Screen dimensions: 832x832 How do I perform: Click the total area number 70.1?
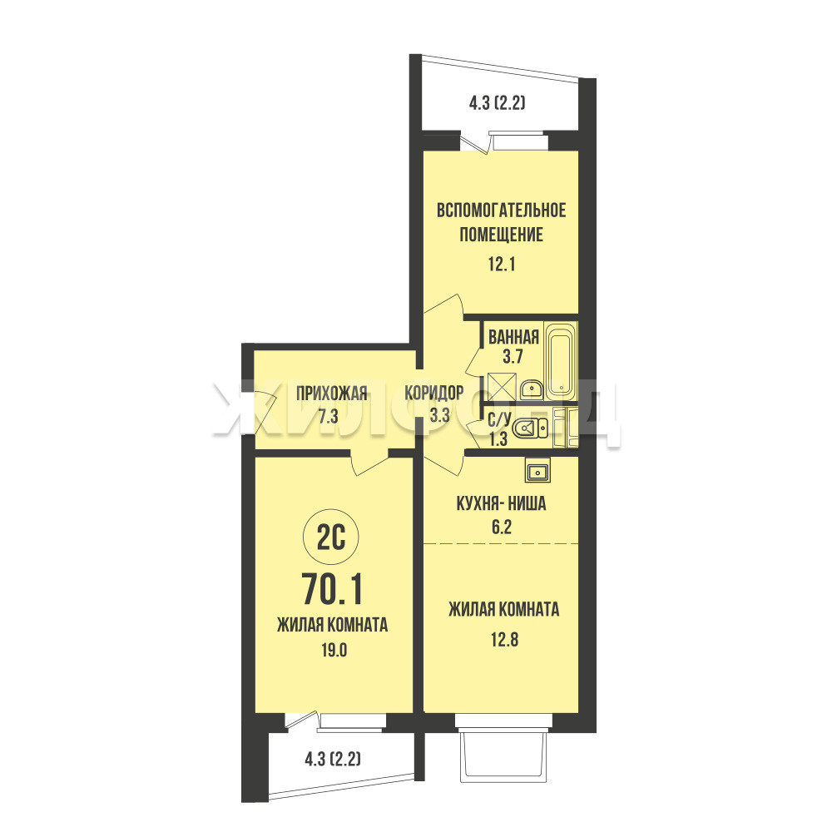click(x=332, y=590)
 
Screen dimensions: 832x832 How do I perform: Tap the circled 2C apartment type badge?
click(x=330, y=538)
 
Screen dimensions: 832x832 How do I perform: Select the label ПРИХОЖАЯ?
click(x=332, y=394)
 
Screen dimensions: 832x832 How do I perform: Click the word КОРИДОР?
click(x=434, y=393)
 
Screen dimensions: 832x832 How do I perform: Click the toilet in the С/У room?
click(x=532, y=428)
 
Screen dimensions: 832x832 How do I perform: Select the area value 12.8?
click(x=504, y=640)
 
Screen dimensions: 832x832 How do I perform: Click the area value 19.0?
click(x=334, y=650)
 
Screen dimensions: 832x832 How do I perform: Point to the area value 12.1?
click(x=502, y=264)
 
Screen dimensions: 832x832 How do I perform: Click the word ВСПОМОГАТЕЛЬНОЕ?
click(x=502, y=210)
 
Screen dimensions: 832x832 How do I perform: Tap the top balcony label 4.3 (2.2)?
click(x=498, y=102)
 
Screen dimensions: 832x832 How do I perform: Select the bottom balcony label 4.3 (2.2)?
click(x=333, y=760)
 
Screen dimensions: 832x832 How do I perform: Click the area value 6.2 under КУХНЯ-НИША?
click(x=502, y=527)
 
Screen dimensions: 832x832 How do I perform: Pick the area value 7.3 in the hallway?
click(x=329, y=416)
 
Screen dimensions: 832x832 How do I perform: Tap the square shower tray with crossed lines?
click(x=502, y=387)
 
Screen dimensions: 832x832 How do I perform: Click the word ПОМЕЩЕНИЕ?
click(x=502, y=234)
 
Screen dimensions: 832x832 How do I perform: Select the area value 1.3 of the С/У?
click(x=498, y=438)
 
